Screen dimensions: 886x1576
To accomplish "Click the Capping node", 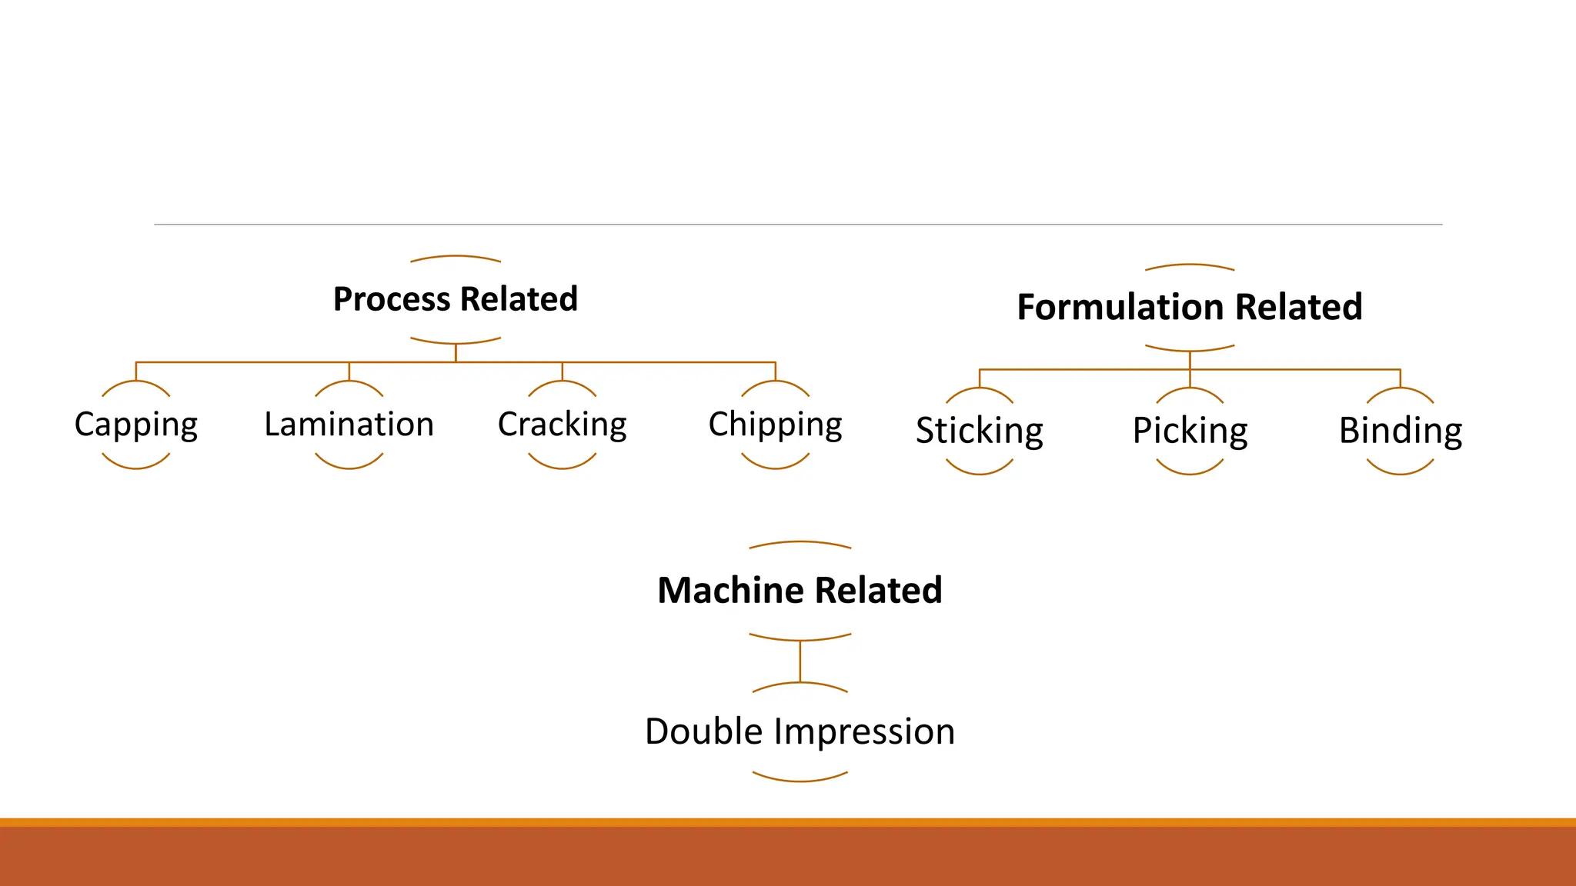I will (136, 425).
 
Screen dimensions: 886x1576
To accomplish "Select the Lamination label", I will (349, 425).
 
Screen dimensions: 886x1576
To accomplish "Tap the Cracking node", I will (562, 425).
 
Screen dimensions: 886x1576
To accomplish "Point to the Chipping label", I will (775, 425).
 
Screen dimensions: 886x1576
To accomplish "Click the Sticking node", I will (979, 431).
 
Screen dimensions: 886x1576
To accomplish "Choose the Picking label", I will (1190, 431).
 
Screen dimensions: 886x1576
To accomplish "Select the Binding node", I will (1400, 431).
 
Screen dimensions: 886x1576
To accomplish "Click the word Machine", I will (730, 591).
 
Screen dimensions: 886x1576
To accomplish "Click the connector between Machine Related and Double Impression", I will (800, 661).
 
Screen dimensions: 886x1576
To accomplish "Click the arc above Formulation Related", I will (1190, 265).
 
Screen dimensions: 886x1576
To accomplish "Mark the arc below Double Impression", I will (800, 780).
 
